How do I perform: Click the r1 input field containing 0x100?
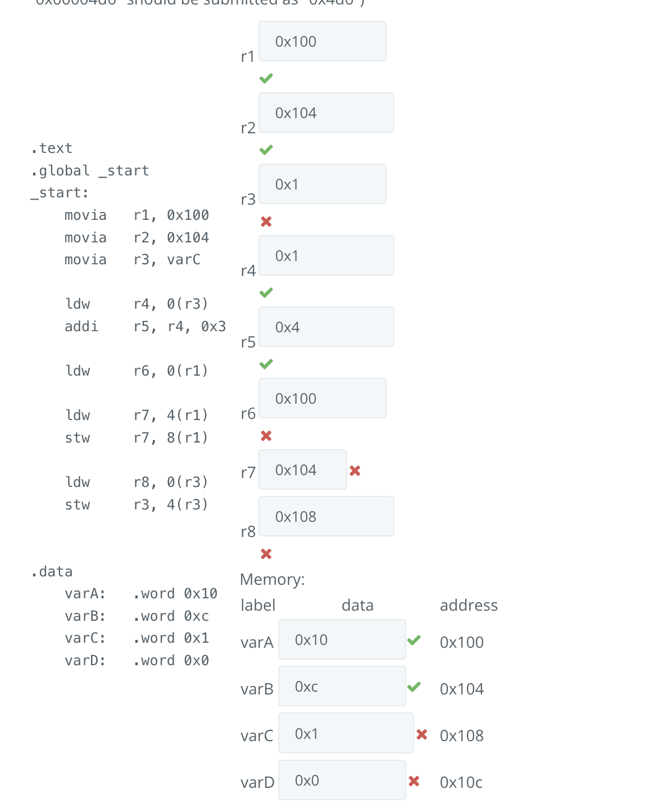322,42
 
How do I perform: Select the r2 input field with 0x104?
326,113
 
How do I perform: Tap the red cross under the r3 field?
266,222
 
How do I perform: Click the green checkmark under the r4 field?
266,292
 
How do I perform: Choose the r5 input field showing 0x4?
326,327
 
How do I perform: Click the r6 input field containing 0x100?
322,399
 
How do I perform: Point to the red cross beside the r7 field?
355,471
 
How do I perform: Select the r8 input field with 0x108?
326,517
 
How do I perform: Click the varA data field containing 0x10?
342,640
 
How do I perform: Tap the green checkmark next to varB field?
414,687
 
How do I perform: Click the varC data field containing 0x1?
346,734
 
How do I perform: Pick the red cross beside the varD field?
414,781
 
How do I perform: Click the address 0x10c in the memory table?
461,782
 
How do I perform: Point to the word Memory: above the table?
272,580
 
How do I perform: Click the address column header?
469,606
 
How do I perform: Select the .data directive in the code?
52,572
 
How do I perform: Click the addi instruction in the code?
81,327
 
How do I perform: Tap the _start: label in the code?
60,193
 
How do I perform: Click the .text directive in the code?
52,148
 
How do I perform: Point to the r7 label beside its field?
248,473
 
